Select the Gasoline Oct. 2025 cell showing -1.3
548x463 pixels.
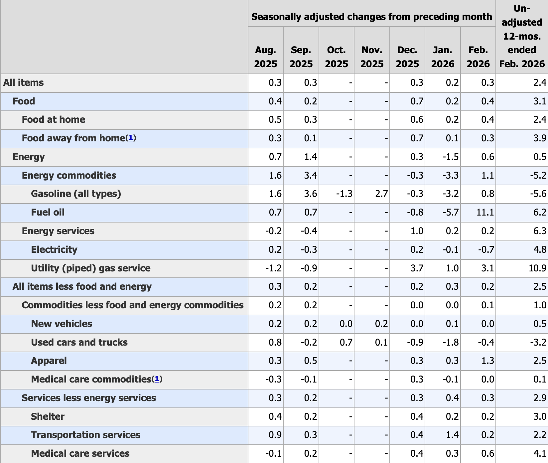click(x=344, y=194)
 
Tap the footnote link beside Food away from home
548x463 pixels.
click(x=131, y=138)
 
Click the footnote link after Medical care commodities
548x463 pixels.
click(x=157, y=379)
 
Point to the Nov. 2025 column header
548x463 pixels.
click(x=372, y=57)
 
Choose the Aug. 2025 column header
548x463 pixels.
click(x=265, y=57)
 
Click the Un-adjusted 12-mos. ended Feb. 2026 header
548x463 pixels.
click(x=522, y=36)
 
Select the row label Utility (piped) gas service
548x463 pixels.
click(x=90, y=268)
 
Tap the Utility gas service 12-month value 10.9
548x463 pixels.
click(x=537, y=268)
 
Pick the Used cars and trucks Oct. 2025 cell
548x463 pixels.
click(x=346, y=342)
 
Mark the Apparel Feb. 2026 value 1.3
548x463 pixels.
click(x=487, y=361)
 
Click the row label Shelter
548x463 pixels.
click(x=48, y=416)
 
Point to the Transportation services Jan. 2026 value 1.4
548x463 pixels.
click(x=452, y=435)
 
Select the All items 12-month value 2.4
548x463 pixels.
click(x=539, y=83)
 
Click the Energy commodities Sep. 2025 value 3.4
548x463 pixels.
click(x=310, y=175)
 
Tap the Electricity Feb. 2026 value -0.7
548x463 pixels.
click(x=485, y=250)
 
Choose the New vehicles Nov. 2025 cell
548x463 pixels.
click(x=381, y=324)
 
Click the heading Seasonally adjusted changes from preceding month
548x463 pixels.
click(x=371, y=17)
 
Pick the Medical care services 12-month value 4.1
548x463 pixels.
click(x=539, y=454)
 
